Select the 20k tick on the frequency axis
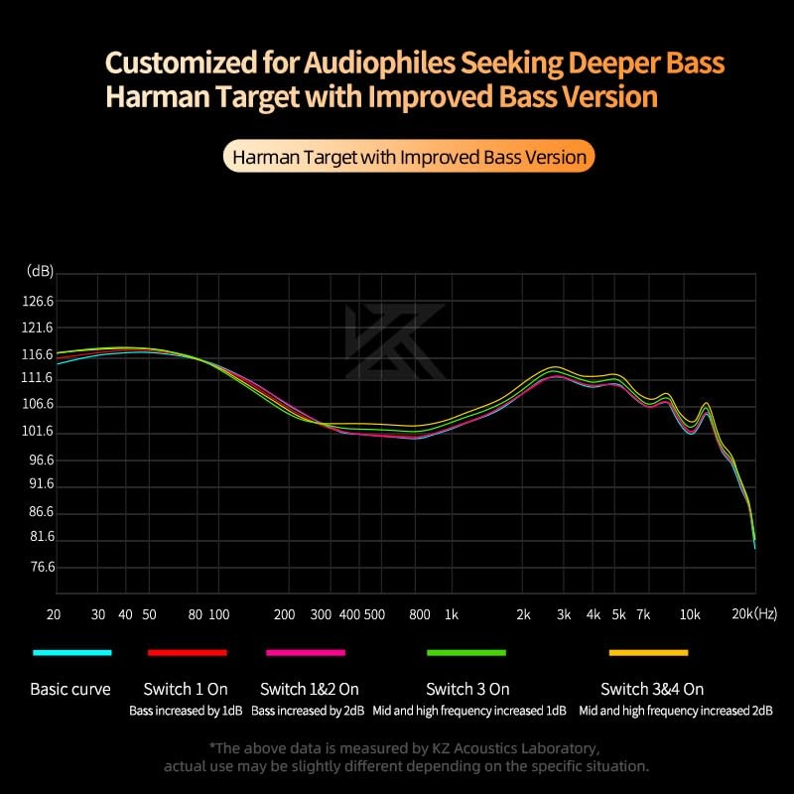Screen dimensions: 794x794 (x=742, y=615)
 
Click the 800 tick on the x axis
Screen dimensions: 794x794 (x=420, y=615)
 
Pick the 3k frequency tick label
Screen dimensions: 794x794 (x=564, y=615)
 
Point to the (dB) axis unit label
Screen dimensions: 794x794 (x=41, y=271)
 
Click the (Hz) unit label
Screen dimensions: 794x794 (x=766, y=615)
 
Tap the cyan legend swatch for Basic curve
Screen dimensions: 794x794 (x=71, y=652)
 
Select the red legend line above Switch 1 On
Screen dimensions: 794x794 (x=188, y=652)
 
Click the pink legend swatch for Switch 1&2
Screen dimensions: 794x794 (x=306, y=652)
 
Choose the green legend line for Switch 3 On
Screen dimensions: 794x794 (x=466, y=652)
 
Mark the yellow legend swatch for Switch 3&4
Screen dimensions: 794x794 (x=648, y=652)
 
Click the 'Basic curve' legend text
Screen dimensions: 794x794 (x=70, y=689)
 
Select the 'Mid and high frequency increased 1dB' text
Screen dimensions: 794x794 (x=467, y=711)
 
